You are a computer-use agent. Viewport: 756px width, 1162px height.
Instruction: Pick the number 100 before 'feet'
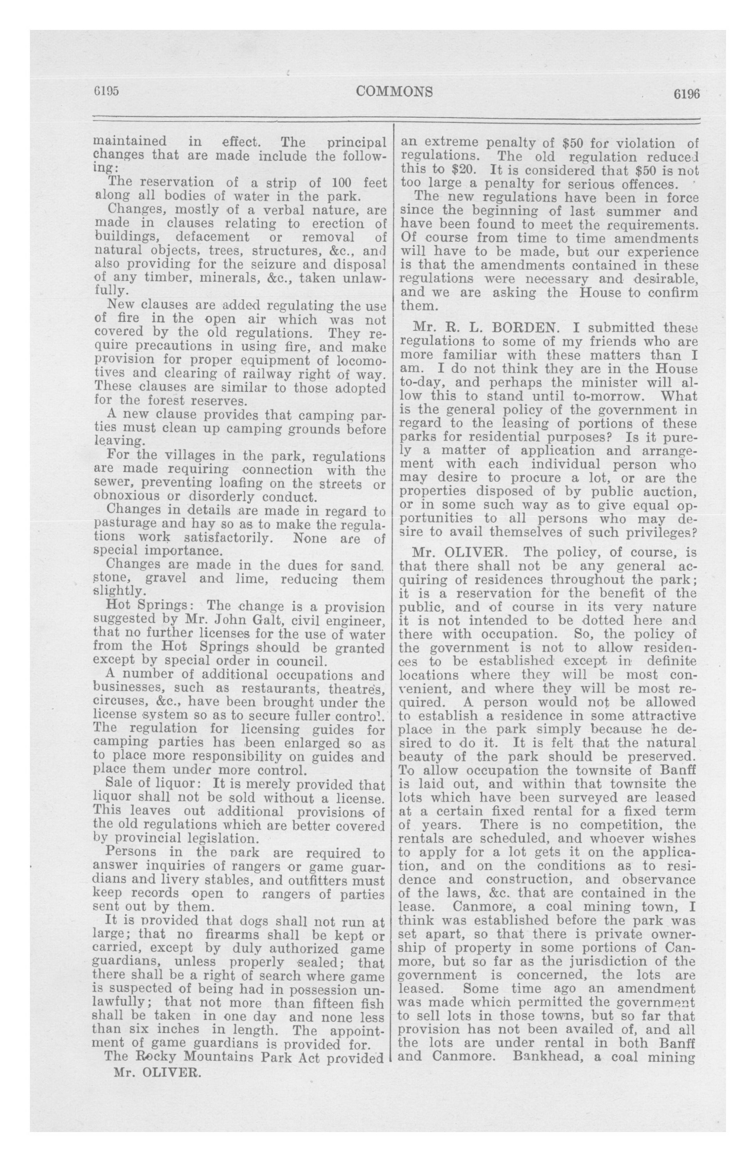[344, 183]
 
